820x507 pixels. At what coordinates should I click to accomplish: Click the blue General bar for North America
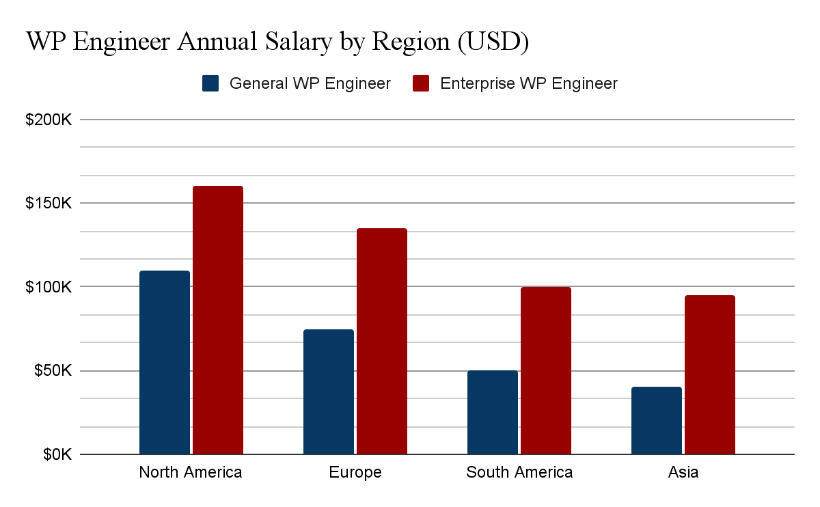click(x=165, y=362)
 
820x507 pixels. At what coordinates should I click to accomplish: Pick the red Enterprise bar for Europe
click(x=382, y=341)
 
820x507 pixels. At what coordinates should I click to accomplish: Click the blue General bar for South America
click(x=493, y=412)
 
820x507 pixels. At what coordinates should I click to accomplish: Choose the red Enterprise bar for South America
click(x=546, y=370)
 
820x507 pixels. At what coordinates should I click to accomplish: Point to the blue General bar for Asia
click(x=657, y=420)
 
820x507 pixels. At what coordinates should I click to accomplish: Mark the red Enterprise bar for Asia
click(x=710, y=374)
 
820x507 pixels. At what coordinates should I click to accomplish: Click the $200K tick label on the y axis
click(x=49, y=120)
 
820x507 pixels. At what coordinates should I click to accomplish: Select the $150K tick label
click(x=49, y=204)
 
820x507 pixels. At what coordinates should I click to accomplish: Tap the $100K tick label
click(x=49, y=287)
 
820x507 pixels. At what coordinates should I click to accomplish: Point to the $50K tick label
click(x=52, y=371)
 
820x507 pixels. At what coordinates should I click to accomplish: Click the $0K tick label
click(x=55, y=454)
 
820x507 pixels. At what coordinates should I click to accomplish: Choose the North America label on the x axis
click(x=191, y=472)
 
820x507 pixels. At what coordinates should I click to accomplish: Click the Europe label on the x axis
click(x=355, y=472)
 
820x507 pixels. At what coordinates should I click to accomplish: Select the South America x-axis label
click(x=519, y=472)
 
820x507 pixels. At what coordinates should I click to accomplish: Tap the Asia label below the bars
click(x=683, y=472)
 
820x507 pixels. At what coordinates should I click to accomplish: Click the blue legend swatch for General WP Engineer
click(x=210, y=84)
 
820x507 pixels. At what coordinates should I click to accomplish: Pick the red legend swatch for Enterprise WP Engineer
click(x=422, y=84)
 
